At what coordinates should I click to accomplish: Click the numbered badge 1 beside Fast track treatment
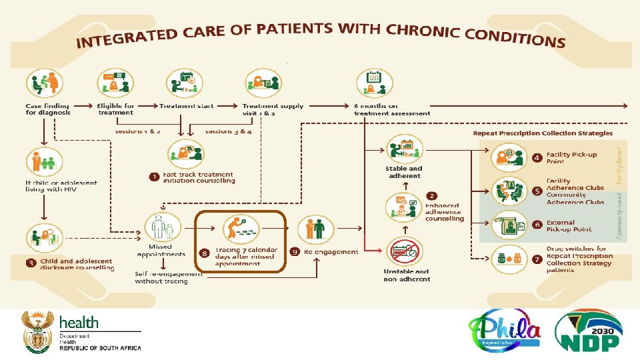[154, 177]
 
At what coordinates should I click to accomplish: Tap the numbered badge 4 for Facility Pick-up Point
[537, 158]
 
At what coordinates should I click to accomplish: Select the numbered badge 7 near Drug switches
[537, 257]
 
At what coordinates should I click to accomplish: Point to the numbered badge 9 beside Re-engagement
[295, 252]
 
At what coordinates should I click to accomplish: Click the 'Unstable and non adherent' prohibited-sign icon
[406, 253]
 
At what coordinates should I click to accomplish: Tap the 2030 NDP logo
[589, 332]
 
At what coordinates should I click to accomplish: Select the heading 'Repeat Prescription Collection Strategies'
[543, 133]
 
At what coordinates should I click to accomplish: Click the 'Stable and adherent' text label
[404, 173]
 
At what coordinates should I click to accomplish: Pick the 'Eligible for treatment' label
[115, 109]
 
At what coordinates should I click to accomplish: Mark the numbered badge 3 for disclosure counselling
[31, 263]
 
